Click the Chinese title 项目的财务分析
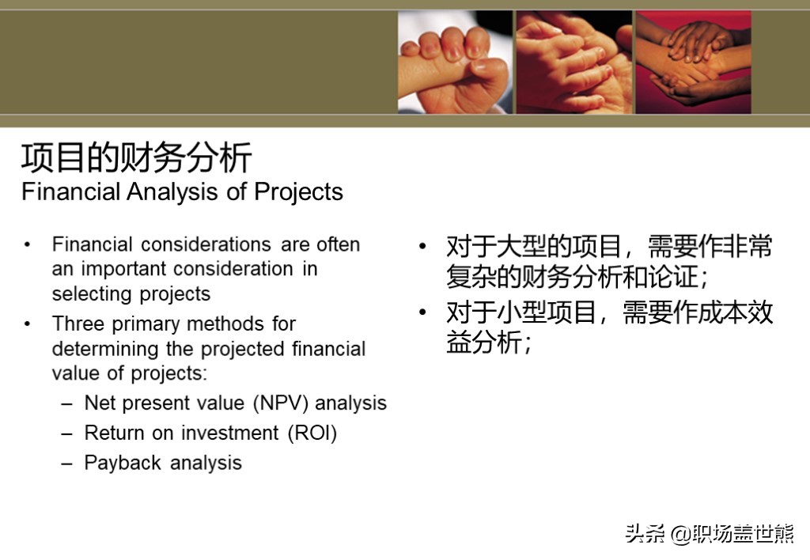(136, 157)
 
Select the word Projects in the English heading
(298, 192)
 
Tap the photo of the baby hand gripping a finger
(455, 62)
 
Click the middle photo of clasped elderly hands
(574, 62)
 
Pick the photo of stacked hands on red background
(693, 62)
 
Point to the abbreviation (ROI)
(312, 433)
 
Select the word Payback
(123, 463)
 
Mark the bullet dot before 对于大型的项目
(422, 246)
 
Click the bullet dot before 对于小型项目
(422, 312)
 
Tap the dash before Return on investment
(66, 433)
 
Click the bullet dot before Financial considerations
(27, 244)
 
